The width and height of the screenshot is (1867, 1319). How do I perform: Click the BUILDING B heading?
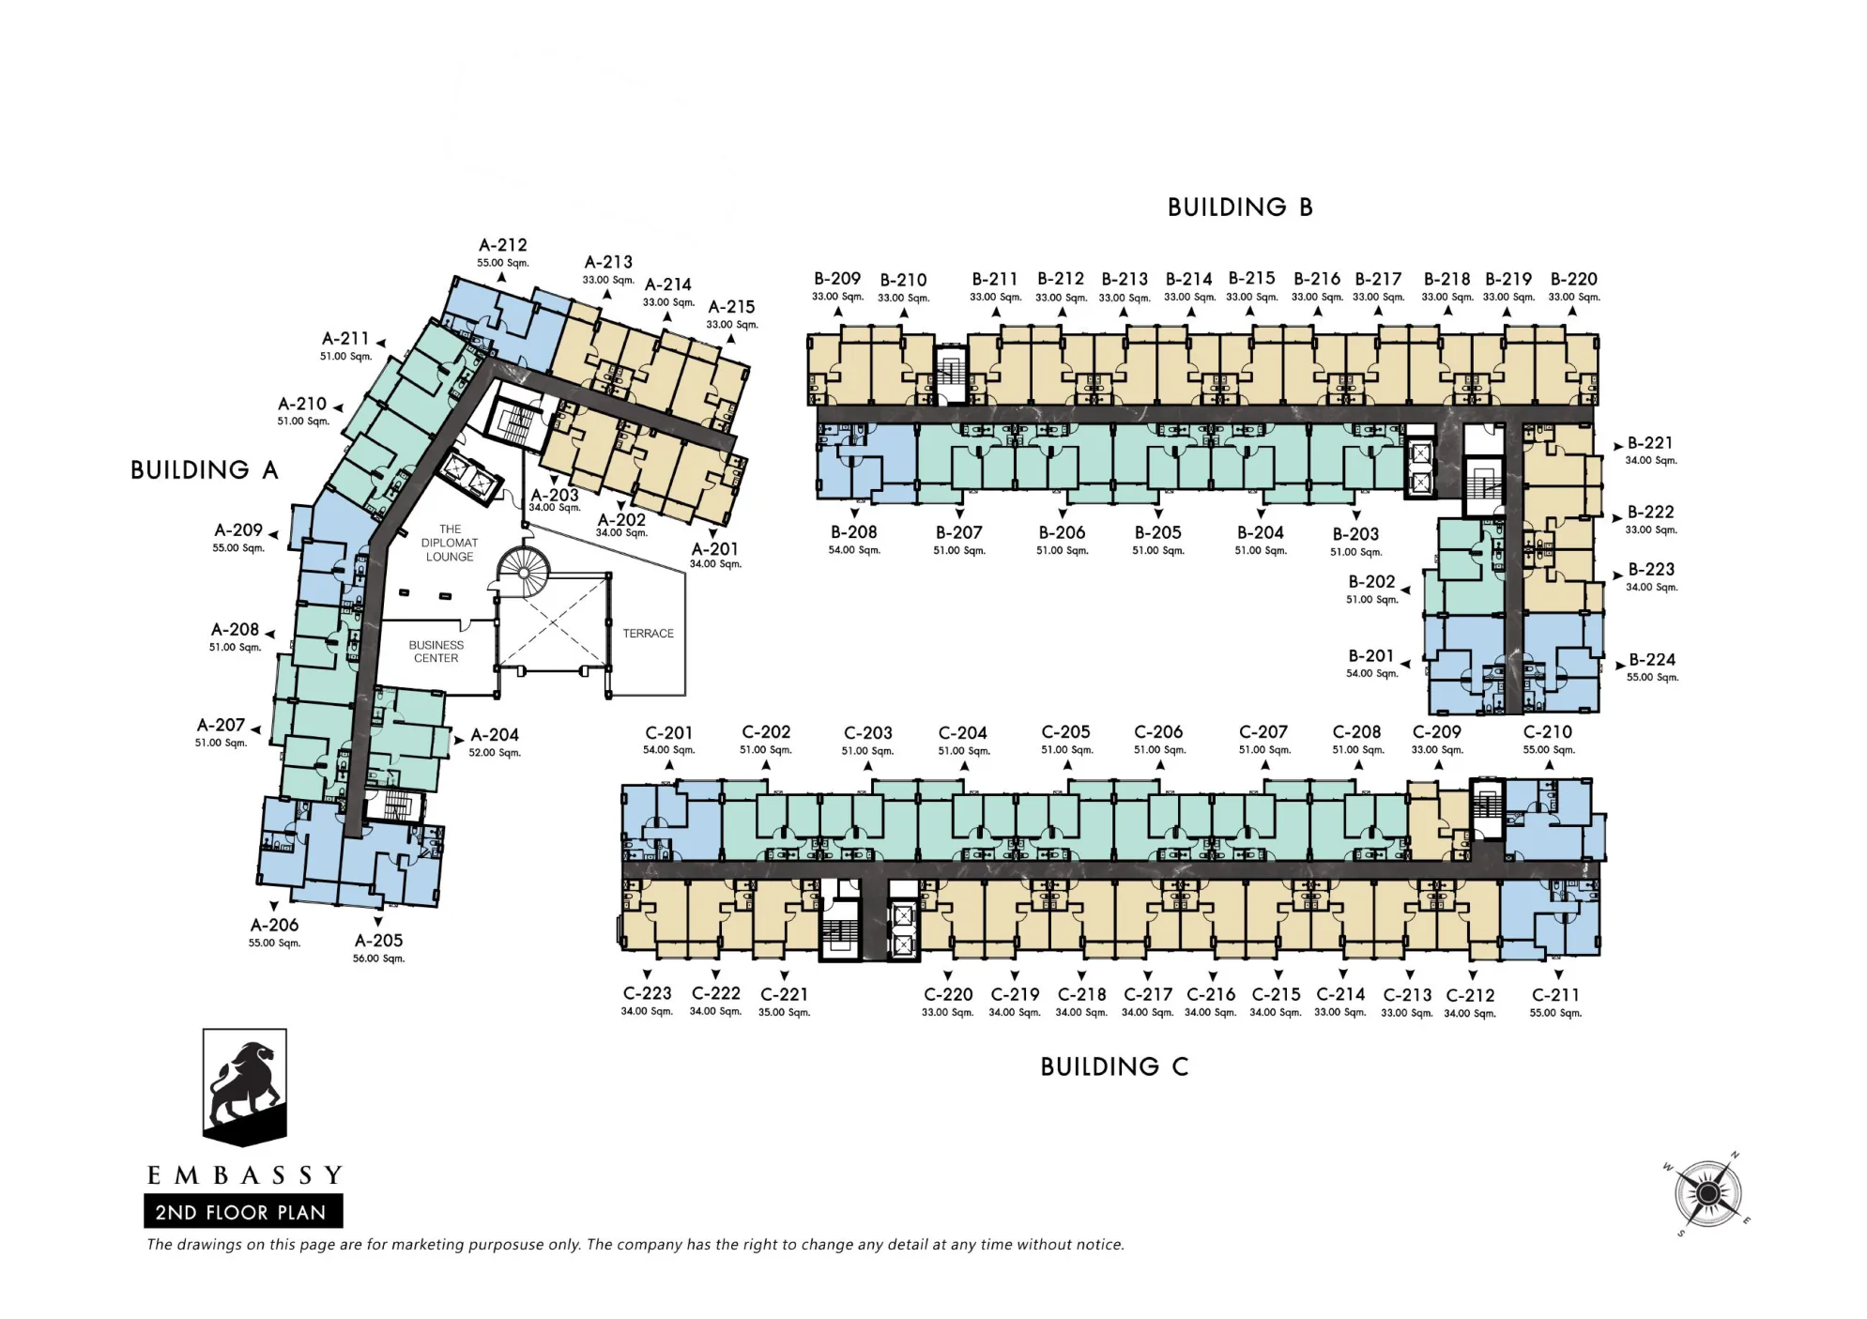click(1239, 207)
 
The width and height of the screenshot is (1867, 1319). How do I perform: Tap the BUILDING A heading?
click(205, 469)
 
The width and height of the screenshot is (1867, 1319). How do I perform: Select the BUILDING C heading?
click(1114, 1066)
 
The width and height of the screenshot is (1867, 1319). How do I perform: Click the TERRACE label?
click(648, 634)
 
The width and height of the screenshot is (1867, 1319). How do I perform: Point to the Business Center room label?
click(436, 652)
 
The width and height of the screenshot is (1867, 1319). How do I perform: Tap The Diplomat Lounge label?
click(450, 543)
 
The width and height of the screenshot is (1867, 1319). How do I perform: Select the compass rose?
click(1708, 1193)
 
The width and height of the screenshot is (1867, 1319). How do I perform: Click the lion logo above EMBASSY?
click(244, 1087)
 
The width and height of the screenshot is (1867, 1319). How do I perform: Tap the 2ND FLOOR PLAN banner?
click(243, 1211)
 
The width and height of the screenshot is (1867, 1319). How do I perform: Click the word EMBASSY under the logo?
click(245, 1174)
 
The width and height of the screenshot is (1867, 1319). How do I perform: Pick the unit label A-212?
click(503, 245)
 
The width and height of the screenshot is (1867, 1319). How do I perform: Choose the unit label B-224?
click(1652, 660)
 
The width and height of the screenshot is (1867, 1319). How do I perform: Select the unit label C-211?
click(1555, 995)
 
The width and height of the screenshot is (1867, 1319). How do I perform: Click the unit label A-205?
click(378, 941)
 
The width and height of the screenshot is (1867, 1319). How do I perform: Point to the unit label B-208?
click(853, 532)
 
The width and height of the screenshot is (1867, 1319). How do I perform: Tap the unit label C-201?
click(668, 733)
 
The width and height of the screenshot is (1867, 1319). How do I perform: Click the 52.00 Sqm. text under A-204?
click(495, 753)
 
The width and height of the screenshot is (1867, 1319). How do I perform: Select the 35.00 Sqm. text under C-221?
click(784, 1012)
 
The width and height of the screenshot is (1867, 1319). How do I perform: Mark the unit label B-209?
click(837, 279)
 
